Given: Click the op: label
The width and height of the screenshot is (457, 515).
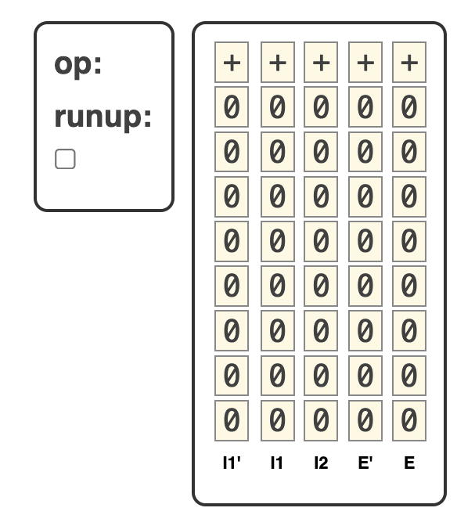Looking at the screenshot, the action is tap(78, 66).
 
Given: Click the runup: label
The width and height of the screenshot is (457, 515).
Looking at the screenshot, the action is tap(103, 118).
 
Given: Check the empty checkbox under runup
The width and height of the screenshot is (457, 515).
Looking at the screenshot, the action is tap(65, 159).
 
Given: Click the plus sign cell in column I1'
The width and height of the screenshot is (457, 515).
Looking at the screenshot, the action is tap(232, 62).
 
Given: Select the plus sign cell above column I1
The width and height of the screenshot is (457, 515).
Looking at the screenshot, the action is tap(278, 62).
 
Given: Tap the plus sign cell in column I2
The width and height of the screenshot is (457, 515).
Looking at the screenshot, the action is tap(321, 62).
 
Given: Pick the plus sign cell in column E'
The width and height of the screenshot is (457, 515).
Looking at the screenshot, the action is tap(365, 62).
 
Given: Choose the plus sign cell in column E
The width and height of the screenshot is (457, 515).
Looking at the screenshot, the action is tap(409, 62).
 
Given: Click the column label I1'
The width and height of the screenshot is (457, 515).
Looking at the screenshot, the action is tap(232, 463).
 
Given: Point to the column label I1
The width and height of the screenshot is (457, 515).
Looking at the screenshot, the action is tap(277, 463).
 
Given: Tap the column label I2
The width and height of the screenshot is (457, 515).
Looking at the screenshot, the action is tap(321, 463).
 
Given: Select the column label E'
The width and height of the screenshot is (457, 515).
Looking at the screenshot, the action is tap(365, 463).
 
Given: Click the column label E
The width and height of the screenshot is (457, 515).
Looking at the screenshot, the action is tap(409, 463).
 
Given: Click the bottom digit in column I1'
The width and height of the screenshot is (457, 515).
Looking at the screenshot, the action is tap(232, 420).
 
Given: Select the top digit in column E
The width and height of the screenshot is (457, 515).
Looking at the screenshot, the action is tap(409, 106).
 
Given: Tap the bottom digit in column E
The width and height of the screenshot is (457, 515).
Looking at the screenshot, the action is tap(409, 420).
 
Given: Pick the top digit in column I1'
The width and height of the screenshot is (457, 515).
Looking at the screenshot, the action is tap(232, 106).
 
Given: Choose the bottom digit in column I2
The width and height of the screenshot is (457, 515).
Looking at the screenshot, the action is tap(321, 420).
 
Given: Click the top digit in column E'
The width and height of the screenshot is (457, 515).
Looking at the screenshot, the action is tap(365, 106).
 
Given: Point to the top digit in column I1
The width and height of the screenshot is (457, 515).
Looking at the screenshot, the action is tap(278, 106).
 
